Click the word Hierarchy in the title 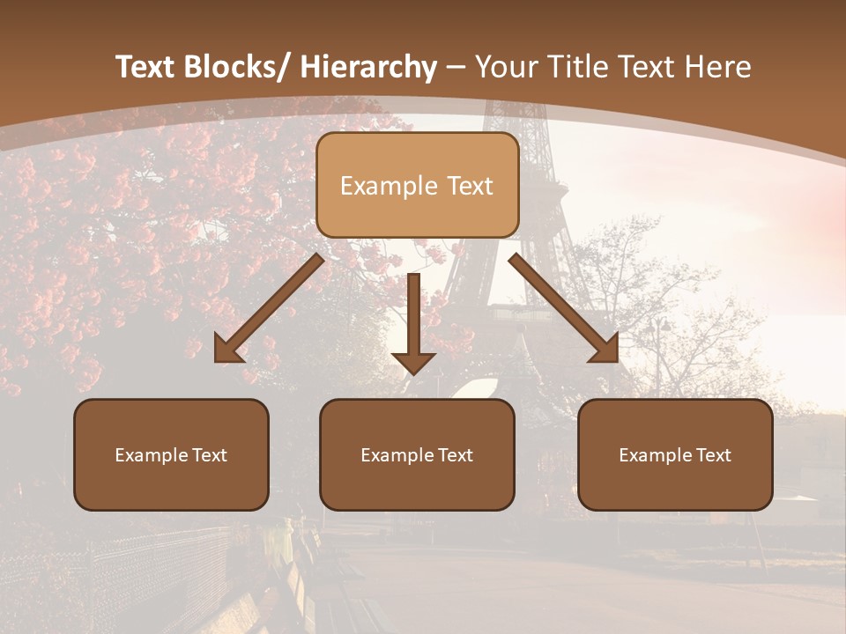click(368, 67)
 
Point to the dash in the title click(456, 69)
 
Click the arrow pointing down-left click(269, 309)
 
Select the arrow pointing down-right click(564, 308)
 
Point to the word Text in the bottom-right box click(714, 455)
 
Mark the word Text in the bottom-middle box click(456, 455)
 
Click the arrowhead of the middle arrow click(413, 362)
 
